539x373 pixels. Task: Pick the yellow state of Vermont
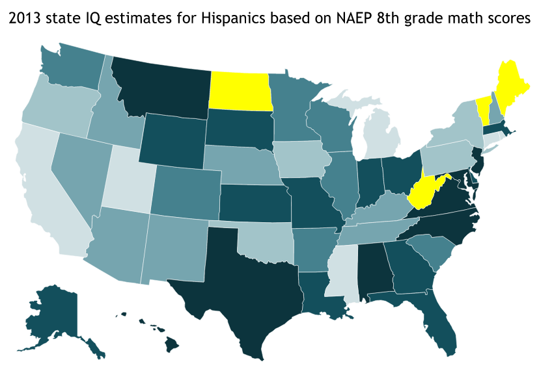click(482, 105)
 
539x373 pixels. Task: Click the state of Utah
click(133, 172)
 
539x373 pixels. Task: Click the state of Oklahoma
click(260, 240)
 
